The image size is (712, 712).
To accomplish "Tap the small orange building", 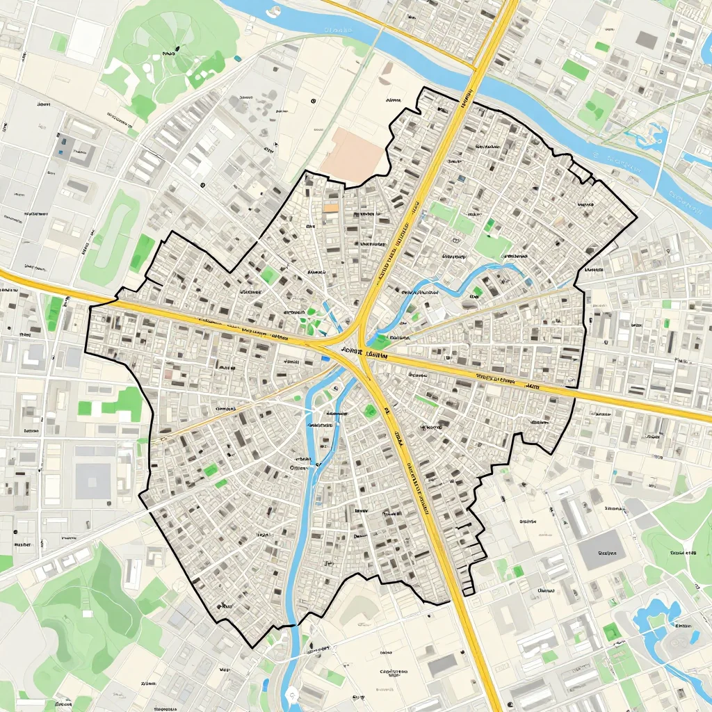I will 331,207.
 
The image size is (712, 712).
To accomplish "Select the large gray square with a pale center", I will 93,480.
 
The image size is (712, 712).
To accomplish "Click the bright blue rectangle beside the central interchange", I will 325,359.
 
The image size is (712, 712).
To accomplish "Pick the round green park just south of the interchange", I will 370,411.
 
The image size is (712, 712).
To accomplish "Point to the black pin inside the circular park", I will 177,48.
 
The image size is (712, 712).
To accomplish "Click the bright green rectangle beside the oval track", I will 143,251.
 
